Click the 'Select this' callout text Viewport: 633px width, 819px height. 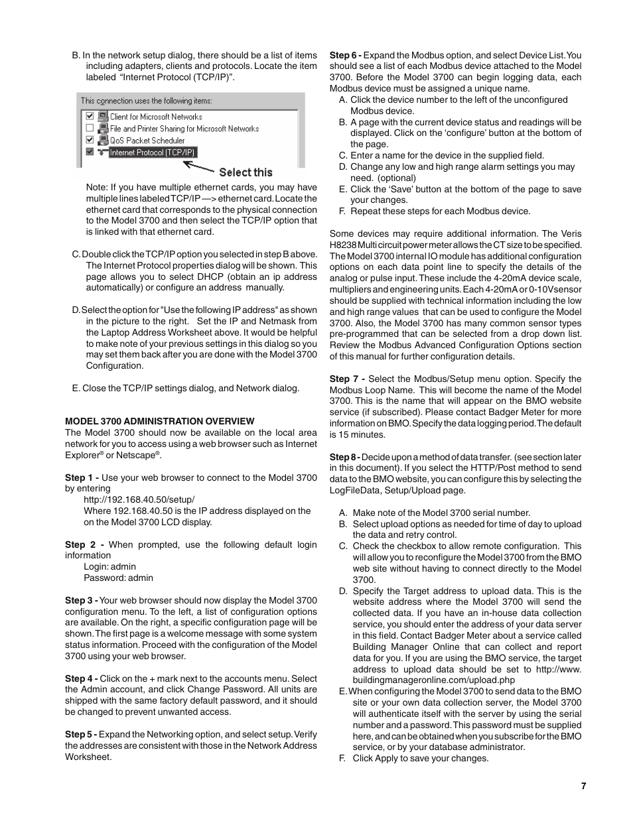coord(246,172)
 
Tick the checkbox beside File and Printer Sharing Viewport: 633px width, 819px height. coord(90,128)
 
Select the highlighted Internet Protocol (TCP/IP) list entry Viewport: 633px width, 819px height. coord(153,153)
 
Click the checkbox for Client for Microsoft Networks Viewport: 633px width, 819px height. coord(90,116)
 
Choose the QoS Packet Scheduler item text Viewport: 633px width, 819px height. coord(147,141)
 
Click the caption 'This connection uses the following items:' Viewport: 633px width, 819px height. coord(147,101)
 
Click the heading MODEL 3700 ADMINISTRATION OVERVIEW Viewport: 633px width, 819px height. coord(159,421)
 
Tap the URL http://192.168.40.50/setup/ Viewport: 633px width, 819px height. coord(139,499)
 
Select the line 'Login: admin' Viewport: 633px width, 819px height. coord(109,566)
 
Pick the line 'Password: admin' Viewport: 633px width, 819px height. coord(118,578)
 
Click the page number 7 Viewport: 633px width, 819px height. coord(583,786)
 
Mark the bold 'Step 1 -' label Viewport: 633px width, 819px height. coord(82,477)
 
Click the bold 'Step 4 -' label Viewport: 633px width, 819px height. coord(82,678)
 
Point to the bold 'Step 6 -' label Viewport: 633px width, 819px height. coord(345,55)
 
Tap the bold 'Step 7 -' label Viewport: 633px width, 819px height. coord(347,379)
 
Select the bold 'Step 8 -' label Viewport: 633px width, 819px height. coord(344,457)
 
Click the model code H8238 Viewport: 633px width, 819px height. coord(342,245)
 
